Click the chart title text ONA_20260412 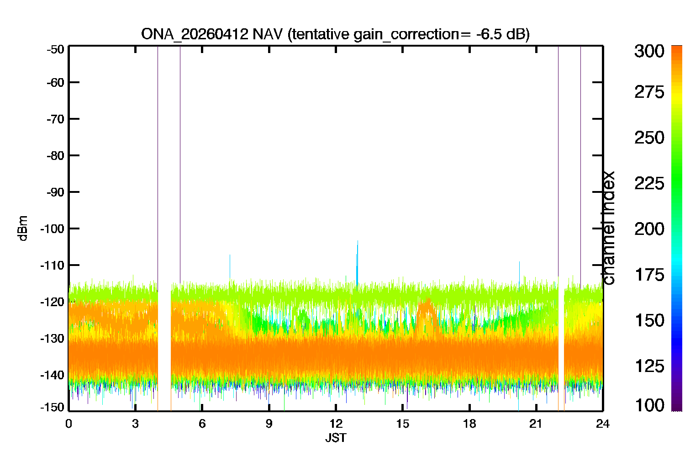coord(195,34)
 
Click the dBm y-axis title coord(23,228)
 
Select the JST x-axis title coord(336,438)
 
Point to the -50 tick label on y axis coord(55,49)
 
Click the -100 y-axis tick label coord(53,228)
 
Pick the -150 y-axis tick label coord(53,407)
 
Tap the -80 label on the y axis coord(55,155)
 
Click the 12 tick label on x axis coord(336,424)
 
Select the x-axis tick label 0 coord(68,424)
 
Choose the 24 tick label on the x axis coord(603,424)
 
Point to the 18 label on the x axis coord(469,424)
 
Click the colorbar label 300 coord(649,51)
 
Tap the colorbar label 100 coord(649,405)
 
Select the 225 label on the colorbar coord(649,184)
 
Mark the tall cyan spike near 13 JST coord(357,263)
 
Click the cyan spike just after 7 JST coord(230,267)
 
